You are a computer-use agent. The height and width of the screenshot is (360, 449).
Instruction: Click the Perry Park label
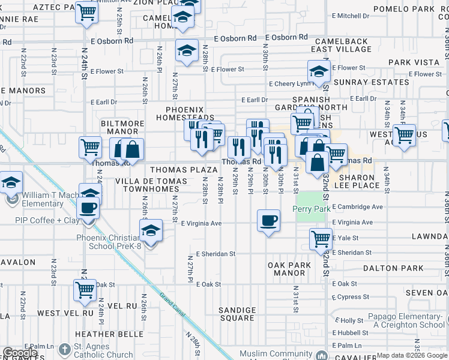pos(312,209)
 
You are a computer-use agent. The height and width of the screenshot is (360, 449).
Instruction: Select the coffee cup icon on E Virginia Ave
pos(268,221)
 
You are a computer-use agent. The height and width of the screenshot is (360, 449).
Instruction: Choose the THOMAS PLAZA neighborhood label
pos(183,170)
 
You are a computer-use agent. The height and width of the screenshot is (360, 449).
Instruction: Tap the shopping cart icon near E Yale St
pos(321,239)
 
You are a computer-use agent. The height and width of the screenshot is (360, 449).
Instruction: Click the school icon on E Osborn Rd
pos(187,50)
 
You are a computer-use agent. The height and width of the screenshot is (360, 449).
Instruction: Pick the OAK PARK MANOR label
pos(289,269)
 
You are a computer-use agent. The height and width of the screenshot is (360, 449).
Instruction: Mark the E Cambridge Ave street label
pos(357,206)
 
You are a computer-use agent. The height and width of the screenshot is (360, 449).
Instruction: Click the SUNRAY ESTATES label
pos(363,82)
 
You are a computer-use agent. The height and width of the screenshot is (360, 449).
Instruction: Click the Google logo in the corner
pos(20,353)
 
